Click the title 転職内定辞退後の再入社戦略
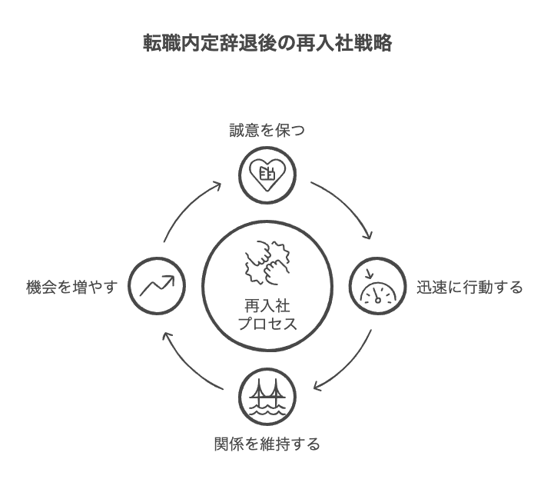(x=267, y=43)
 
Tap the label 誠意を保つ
(x=267, y=131)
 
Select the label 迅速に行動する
(x=469, y=288)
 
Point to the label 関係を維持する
(x=267, y=444)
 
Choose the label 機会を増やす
(x=72, y=288)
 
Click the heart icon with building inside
(x=267, y=175)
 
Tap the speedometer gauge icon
(x=377, y=289)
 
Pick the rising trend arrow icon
(x=158, y=285)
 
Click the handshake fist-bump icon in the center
(x=267, y=262)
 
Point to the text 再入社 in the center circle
(x=267, y=307)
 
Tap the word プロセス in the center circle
(x=267, y=324)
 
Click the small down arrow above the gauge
(x=370, y=274)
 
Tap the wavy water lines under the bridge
(x=267, y=410)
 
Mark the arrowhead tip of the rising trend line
(x=174, y=276)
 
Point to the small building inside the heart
(x=267, y=174)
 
